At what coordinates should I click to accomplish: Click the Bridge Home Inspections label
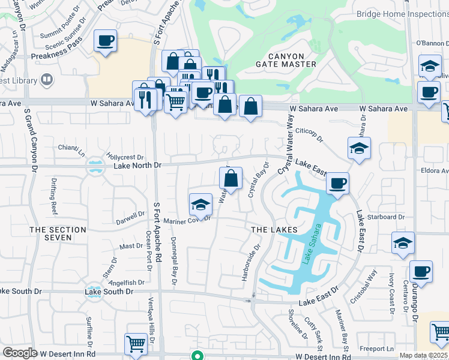[402, 14]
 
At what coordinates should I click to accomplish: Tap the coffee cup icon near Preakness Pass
[106, 41]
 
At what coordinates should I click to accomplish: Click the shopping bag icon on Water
[231, 178]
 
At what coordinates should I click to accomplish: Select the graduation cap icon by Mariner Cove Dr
[200, 205]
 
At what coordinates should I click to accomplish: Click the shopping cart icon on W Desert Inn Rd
[136, 344]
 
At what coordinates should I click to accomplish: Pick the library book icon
[46, 80]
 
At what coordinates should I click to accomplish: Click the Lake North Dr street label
[137, 165]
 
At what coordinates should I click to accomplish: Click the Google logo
[20, 353]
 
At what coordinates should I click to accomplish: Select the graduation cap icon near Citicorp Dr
[358, 148]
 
